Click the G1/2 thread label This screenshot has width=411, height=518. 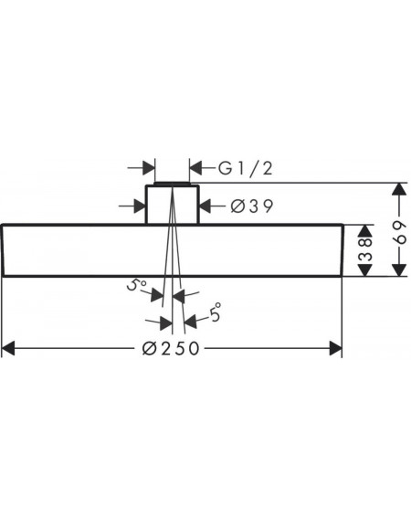tap(245, 168)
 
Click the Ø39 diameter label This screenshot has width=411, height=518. tap(252, 206)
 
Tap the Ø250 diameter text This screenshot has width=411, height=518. tap(171, 348)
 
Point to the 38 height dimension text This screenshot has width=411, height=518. tap(365, 250)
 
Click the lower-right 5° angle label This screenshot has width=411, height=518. tap(216, 312)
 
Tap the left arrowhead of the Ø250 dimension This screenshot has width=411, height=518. tap(8, 348)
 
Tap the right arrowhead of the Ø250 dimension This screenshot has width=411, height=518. tap(336, 348)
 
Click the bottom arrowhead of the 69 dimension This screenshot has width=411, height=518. tap(400, 270)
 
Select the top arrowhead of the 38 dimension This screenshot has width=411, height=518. tap(364, 231)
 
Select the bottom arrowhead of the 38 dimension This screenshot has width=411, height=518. tap(364, 270)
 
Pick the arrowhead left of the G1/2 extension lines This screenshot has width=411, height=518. tap(149, 168)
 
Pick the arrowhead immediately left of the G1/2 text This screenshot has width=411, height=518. tap(195, 168)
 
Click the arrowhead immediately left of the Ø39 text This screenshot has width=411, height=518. tap(205, 206)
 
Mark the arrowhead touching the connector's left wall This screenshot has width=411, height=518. tap(140, 206)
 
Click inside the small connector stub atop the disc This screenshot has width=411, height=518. tap(172, 205)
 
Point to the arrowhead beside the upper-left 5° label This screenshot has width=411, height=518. tap(157, 295)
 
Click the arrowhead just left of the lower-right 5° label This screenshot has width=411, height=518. tap(191, 321)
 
